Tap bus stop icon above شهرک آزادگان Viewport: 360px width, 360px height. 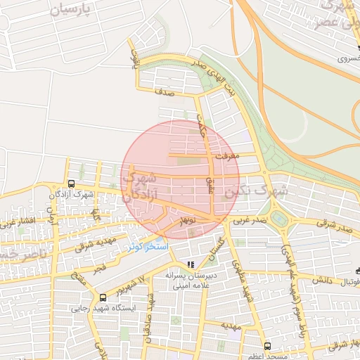[x=62, y=184]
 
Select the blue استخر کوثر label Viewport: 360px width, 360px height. [x=148, y=247]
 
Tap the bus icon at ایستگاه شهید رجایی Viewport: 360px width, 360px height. [x=103, y=297]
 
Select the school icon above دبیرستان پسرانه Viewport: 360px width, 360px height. [x=190, y=264]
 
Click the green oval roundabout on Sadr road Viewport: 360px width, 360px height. [x=281, y=219]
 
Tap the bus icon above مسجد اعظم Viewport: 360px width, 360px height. [x=267, y=345]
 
